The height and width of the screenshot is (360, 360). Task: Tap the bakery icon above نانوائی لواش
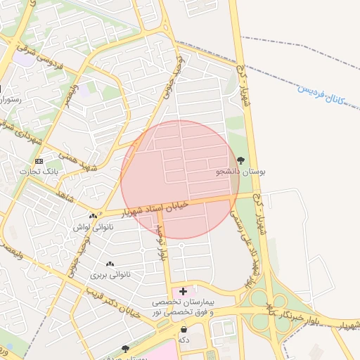(x=93, y=216)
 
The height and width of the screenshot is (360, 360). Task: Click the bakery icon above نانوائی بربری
(x=110, y=264)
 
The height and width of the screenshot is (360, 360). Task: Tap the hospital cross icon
(x=184, y=291)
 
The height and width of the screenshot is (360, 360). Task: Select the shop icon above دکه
(x=184, y=329)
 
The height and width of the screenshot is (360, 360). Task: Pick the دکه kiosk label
(x=184, y=339)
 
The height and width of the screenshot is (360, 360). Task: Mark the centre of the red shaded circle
(x=180, y=179)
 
